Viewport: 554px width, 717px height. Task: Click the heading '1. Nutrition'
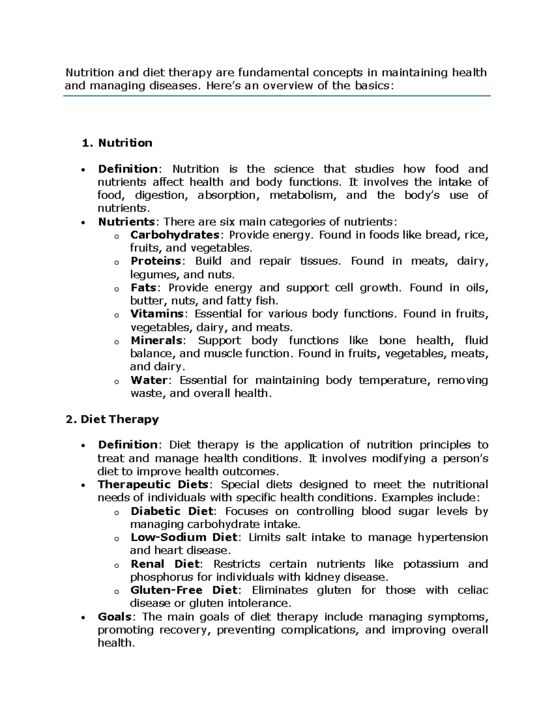pos(117,143)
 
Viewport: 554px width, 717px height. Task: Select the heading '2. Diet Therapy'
pos(112,419)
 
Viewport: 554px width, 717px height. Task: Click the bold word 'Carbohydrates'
pos(175,235)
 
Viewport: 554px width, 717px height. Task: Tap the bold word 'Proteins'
pos(156,261)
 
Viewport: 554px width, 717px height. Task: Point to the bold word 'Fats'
pos(143,288)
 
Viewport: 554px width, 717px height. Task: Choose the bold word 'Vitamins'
pos(157,314)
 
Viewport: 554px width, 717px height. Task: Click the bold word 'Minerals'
pos(157,341)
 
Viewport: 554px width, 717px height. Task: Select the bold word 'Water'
pos(149,380)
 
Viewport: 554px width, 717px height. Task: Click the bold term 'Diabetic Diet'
pos(172,512)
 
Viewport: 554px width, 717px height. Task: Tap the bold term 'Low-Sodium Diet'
pos(183,537)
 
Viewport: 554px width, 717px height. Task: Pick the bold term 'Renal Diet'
pos(165,564)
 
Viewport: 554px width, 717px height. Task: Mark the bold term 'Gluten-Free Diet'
pos(183,590)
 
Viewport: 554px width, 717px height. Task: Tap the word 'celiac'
pos(473,590)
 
